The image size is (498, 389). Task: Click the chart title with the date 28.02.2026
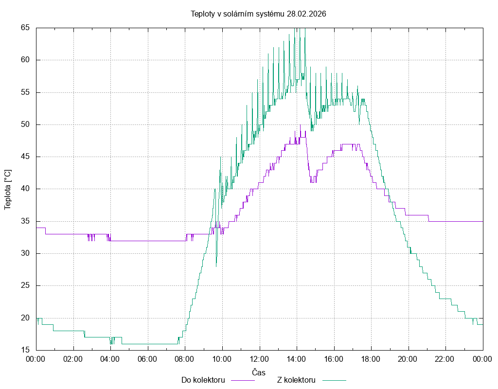pyautogui.click(x=258, y=14)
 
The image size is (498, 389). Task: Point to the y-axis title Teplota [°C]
pyautogui.click(x=8, y=190)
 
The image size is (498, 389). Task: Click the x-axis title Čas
pyautogui.click(x=259, y=372)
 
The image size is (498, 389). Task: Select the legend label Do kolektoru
pyautogui.click(x=203, y=380)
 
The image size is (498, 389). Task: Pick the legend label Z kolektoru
pyautogui.click(x=297, y=380)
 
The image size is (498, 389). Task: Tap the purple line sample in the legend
pyautogui.click(x=243, y=380)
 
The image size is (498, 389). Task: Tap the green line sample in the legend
pyautogui.click(x=334, y=380)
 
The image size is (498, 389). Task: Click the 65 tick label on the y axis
pyautogui.click(x=25, y=28)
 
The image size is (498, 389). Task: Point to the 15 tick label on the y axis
pyautogui.click(x=25, y=350)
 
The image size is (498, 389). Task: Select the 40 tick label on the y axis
pyautogui.click(x=25, y=189)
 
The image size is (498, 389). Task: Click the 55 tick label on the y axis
pyautogui.click(x=25, y=92)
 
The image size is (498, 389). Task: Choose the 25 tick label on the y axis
pyautogui.click(x=25, y=285)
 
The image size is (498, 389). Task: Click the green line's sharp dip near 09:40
pyautogui.click(x=216, y=265)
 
